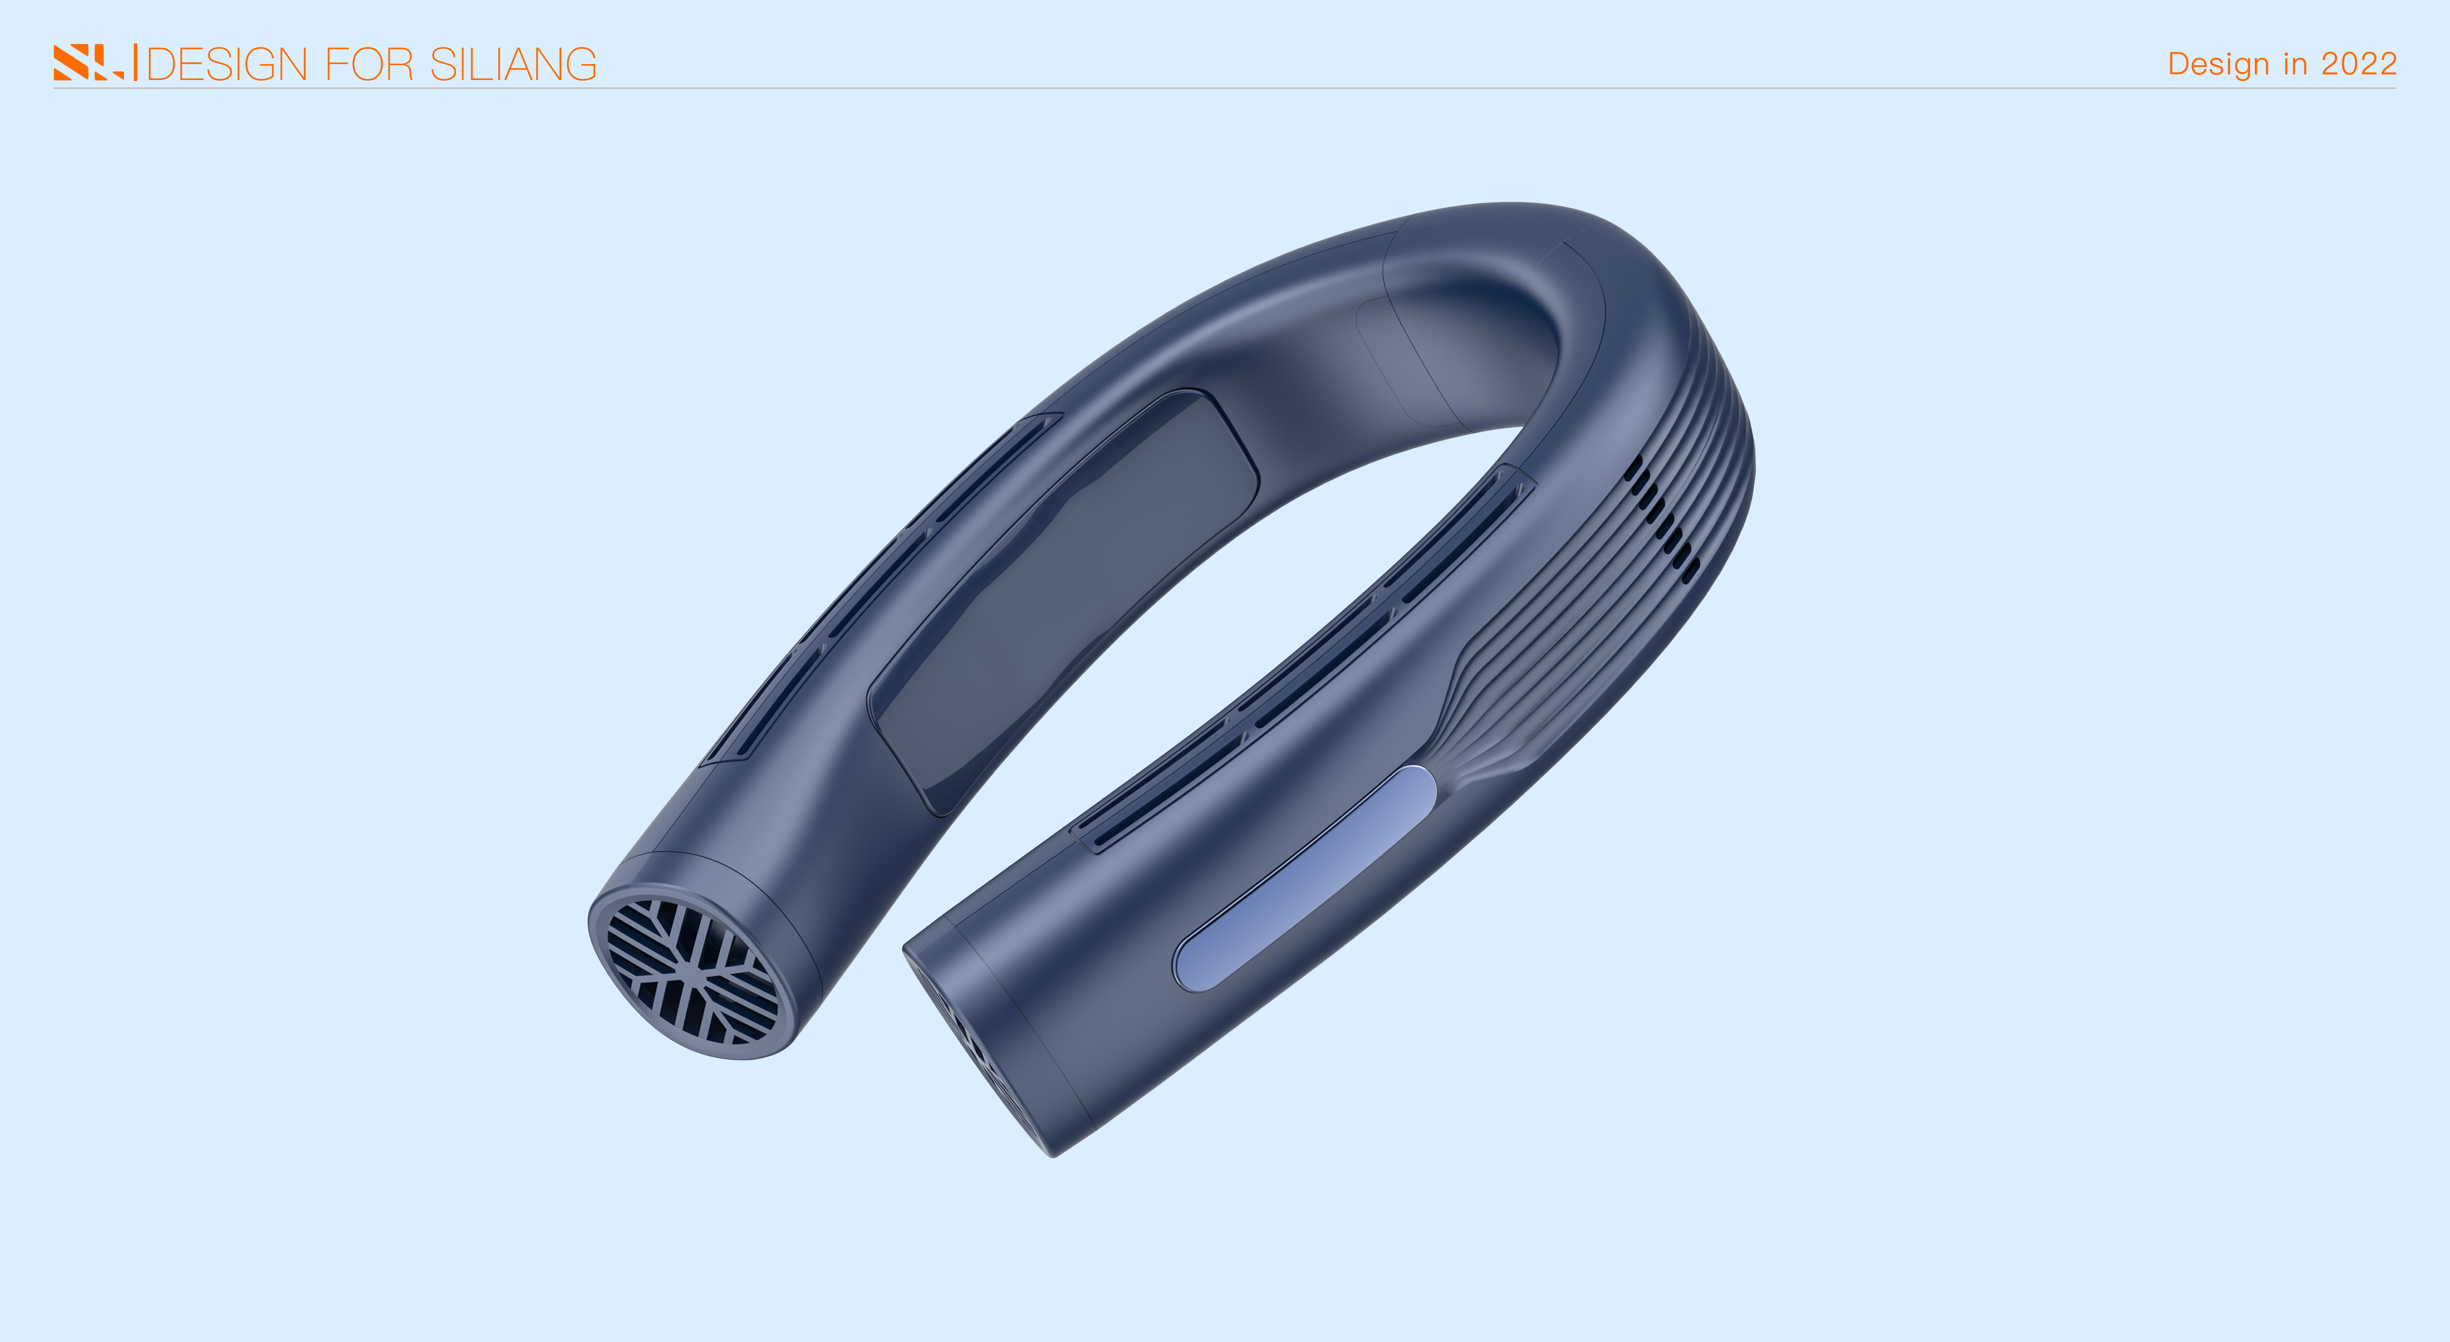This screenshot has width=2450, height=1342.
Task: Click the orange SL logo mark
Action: point(87,63)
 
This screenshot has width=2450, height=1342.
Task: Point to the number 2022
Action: point(2359,64)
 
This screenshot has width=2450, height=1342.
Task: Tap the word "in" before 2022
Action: point(2295,64)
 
